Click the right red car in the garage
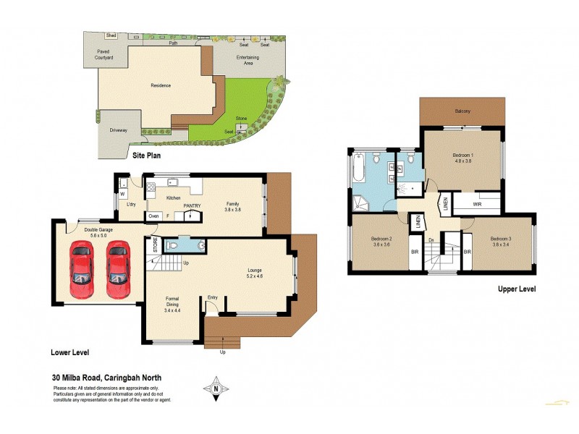(x=118, y=270)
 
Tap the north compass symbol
(x=216, y=388)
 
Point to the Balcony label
(x=462, y=111)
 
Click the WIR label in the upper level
(x=477, y=205)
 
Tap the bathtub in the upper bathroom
(x=358, y=170)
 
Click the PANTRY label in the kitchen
(x=192, y=205)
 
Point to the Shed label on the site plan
(x=111, y=34)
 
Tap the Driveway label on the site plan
(x=119, y=130)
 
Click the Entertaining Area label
(x=248, y=60)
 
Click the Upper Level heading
(x=516, y=289)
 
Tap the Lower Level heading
(x=70, y=352)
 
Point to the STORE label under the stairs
(x=154, y=245)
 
